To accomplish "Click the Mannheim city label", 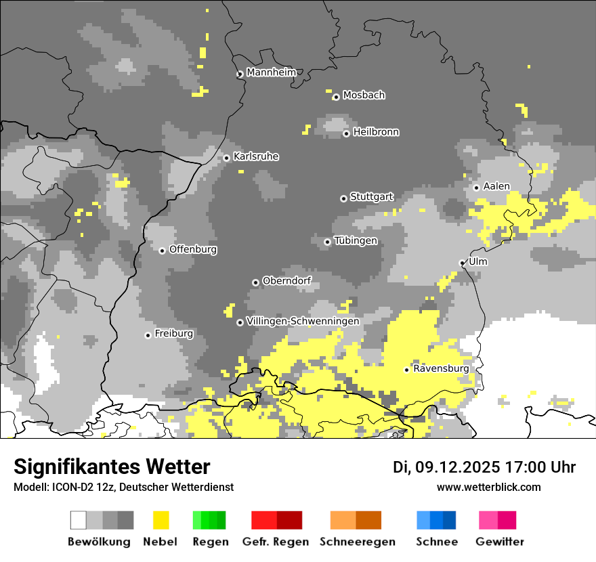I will coord(272,72).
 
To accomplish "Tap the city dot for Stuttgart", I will coord(343,198).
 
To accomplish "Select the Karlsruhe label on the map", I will coord(256,156).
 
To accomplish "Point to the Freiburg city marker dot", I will coord(148,335).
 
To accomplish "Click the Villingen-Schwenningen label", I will coord(303,321).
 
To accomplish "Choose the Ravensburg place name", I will coord(441,368).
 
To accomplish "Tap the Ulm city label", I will coord(477,261).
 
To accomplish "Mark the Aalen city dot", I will coord(476,188).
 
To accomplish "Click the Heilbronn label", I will coord(376,132).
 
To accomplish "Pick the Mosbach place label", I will coord(364,95).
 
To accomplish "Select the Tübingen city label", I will coord(356,240).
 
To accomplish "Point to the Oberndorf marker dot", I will coord(255,282).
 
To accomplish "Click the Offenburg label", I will coord(193,249).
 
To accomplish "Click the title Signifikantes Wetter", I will coord(112,467).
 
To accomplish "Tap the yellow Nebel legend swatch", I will coord(161,520).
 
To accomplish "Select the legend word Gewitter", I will coord(500,542).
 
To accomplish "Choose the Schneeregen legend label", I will coord(358,542).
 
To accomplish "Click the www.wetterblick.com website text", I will coord(488,487).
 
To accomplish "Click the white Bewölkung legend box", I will coord(79,520).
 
